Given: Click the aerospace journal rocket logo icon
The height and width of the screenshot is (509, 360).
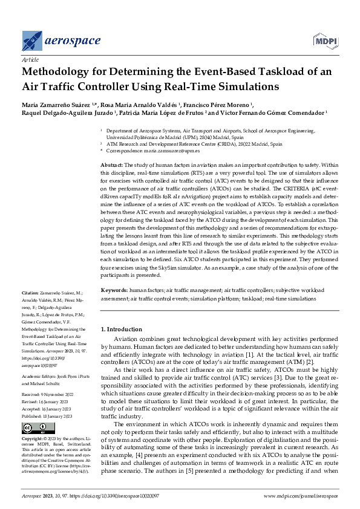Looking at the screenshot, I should coord(32,41).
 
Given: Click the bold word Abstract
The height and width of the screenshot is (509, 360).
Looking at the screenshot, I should coord(111,165).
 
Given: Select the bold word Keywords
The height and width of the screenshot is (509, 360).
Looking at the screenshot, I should coord(113,290).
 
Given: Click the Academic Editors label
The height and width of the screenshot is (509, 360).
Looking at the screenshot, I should coord(39,375).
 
